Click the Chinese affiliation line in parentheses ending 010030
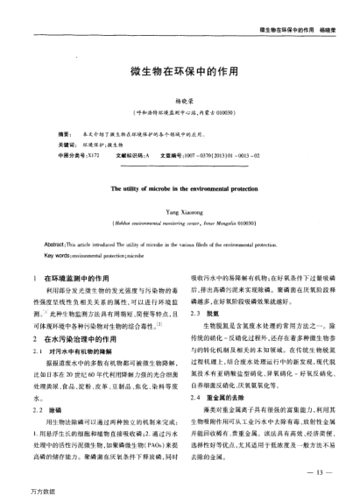point(180,113)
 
